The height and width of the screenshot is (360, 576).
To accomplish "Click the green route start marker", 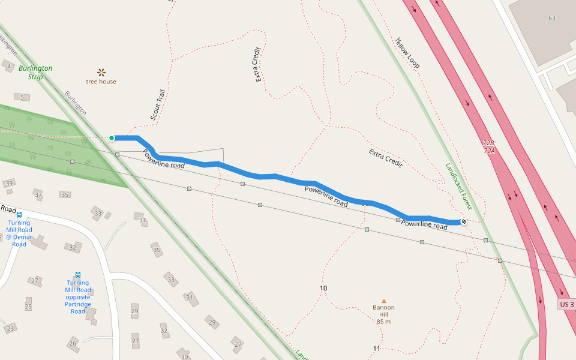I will pyautogui.click(x=112, y=138).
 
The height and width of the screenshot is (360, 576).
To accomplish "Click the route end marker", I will pyautogui.click(x=464, y=222).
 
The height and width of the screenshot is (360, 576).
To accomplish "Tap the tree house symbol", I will pyautogui.click(x=101, y=73).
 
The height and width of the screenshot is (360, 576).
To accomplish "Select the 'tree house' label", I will pyautogui.click(x=101, y=82).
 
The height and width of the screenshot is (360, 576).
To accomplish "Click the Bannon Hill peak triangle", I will pyautogui.click(x=384, y=301).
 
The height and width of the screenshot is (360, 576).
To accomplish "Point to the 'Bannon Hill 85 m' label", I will pyautogui.click(x=384, y=314).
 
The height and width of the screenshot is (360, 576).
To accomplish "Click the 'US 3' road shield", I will pyautogui.click(x=567, y=305).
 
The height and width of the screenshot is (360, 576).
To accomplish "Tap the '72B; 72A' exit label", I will pyautogui.click(x=489, y=147).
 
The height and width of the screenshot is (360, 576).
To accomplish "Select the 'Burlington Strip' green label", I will pyautogui.click(x=35, y=73).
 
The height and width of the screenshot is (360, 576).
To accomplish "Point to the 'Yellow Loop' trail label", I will pyautogui.click(x=407, y=53).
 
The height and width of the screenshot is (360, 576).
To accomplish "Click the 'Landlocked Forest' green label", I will pyautogui.click(x=459, y=186).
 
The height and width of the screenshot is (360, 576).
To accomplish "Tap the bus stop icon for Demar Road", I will pyautogui.click(x=19, y=215).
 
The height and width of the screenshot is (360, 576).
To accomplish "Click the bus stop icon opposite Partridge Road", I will pyautogui.click(x=78, y=275).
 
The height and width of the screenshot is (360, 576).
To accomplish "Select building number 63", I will pyautogui.click(x=551, y=18).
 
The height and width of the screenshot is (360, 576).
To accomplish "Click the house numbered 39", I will pyautogui.click(x=9, y=183).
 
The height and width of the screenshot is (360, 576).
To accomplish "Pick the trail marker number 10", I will pyautogui.click(x=323, y=289).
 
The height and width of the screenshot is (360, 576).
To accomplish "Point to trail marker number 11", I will pyautogui.click(x=376, y=349).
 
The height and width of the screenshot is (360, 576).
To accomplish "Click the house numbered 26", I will pyautogui.click(x=73, y=343).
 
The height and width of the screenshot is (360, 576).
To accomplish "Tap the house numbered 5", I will pyautogui.click(x=22, y=97).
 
